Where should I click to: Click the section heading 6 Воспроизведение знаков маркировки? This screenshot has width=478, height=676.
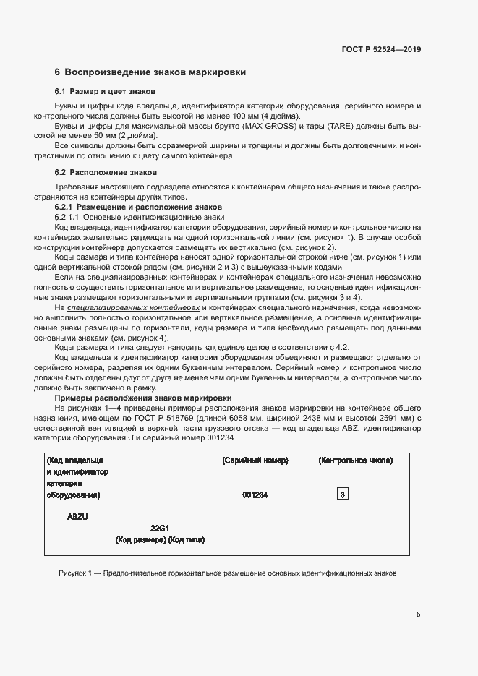click(x=150, y=72)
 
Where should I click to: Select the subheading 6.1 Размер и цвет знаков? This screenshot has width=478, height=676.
click(x=105, y=92)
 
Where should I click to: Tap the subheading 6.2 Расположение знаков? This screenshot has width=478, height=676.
click(x=106, y=172)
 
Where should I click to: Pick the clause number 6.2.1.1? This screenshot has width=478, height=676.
click(x=67, y=217)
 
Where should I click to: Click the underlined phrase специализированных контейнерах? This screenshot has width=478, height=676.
click(x=133, y=308)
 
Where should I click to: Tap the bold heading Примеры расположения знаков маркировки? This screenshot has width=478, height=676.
click(x=143, y=398)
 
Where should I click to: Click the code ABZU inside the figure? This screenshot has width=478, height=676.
click(x=77, y=517)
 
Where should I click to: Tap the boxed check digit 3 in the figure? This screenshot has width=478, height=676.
click(x=343, y=495)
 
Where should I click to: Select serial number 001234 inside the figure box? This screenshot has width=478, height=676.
click(x=255, y=495)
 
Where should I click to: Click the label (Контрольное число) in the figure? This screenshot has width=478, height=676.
click(x=355, y=461)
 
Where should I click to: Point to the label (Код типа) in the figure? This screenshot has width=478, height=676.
click(x=187, y=540)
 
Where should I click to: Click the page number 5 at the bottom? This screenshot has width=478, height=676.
click(x=418, y=615)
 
